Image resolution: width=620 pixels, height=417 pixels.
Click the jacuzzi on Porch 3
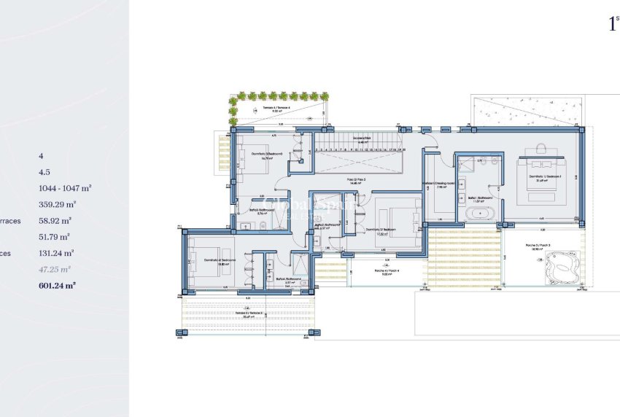(561, 269)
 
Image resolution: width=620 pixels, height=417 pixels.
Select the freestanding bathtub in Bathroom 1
(479, 214)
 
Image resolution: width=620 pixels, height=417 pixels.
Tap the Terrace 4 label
(276, 108)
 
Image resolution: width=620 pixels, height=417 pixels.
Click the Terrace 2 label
(249, 314)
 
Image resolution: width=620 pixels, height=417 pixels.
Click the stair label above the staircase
(363, 139)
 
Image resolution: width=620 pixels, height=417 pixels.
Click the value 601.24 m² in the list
(57, 286)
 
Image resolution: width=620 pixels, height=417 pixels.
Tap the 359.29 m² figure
(57, 204)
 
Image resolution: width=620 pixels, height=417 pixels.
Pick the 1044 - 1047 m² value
(65, 188)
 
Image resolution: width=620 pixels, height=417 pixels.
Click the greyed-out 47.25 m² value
(55, 269)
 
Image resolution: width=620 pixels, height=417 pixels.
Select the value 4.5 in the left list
(44, 172)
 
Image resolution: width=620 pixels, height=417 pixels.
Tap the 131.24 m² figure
(57, 253)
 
